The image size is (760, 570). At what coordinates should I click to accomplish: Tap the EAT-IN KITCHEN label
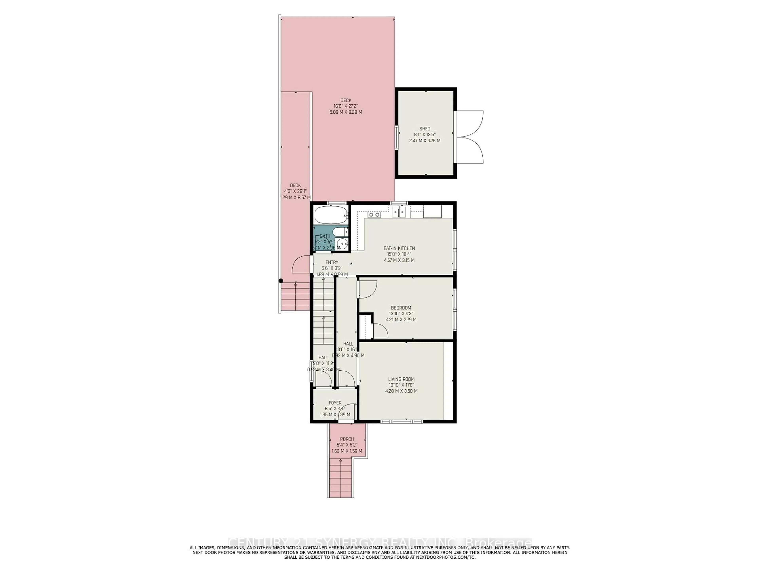[x=399, y=248]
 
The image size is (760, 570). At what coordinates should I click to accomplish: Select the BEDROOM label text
[x=401, y=308]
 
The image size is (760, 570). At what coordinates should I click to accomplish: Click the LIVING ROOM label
[x=401, y=379]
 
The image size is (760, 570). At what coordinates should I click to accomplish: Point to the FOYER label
[x=335, y=403]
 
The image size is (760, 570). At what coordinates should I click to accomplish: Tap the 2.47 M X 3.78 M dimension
[x=425, y=141]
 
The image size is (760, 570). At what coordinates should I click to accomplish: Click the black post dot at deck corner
[x=281, y=281]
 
